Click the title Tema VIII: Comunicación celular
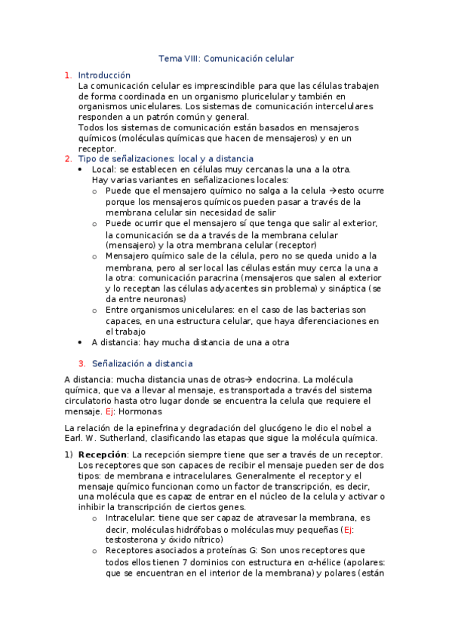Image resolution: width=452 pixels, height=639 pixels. tap(226, 58)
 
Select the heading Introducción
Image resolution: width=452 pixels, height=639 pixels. tap(104, 75)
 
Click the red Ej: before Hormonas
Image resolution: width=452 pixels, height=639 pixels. tap(115, 412)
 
